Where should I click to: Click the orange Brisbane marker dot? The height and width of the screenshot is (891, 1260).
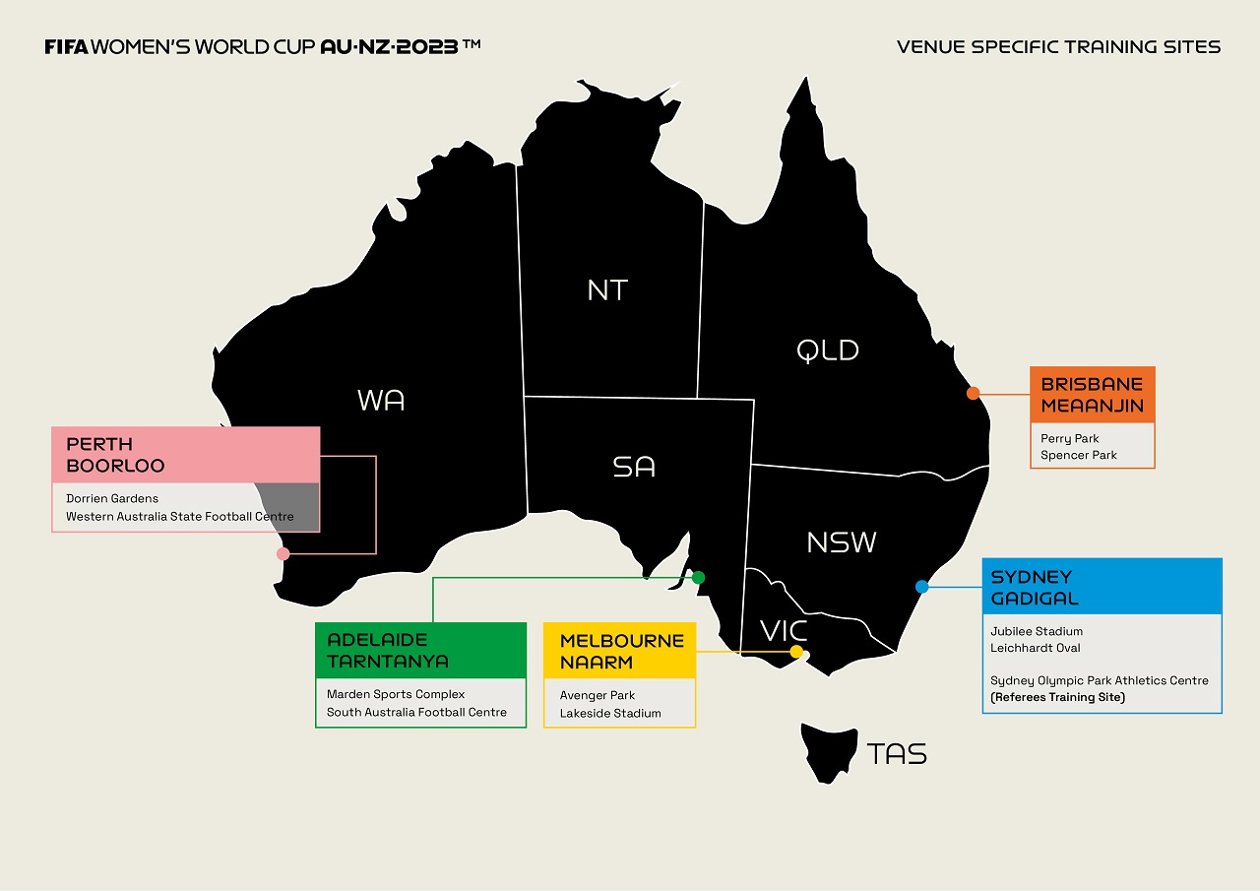(x=973, y=393)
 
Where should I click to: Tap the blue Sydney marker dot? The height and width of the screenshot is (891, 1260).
(x=921, y=587)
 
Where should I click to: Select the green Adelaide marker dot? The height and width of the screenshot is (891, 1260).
(x=698, y=577)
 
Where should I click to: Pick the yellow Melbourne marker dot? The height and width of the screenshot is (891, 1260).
(x=796, y=652)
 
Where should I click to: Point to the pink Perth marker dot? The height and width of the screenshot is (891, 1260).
(x=283, y=553)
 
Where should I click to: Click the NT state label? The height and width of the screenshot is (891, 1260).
(x=607, y=289)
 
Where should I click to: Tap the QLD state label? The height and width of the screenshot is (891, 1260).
(x=828, y=350)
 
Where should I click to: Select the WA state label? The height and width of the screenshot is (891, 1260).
(x=381, y=400)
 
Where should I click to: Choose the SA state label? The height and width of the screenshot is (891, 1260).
(x=633, y=467)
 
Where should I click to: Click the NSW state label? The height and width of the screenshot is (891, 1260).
(x=842, y=542)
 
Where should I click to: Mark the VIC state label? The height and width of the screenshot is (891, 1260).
(x=784, y=630)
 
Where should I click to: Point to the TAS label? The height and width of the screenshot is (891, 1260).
(x=897, y=754)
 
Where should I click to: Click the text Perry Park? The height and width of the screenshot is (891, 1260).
(x=1069, y=438)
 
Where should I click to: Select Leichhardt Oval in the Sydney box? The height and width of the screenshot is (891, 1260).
(x=1035, y=648)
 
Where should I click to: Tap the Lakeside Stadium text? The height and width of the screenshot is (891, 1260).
(x=610, y=713)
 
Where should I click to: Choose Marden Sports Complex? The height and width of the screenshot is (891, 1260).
(x=396, y=694)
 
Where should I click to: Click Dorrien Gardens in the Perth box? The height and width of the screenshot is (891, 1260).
(x=112, y=498)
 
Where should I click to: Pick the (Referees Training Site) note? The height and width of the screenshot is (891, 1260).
(x=1057, y=697)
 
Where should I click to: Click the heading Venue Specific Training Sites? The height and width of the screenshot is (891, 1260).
(x=1058, y=47)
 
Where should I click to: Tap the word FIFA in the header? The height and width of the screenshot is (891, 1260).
(x=66, y=47)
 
